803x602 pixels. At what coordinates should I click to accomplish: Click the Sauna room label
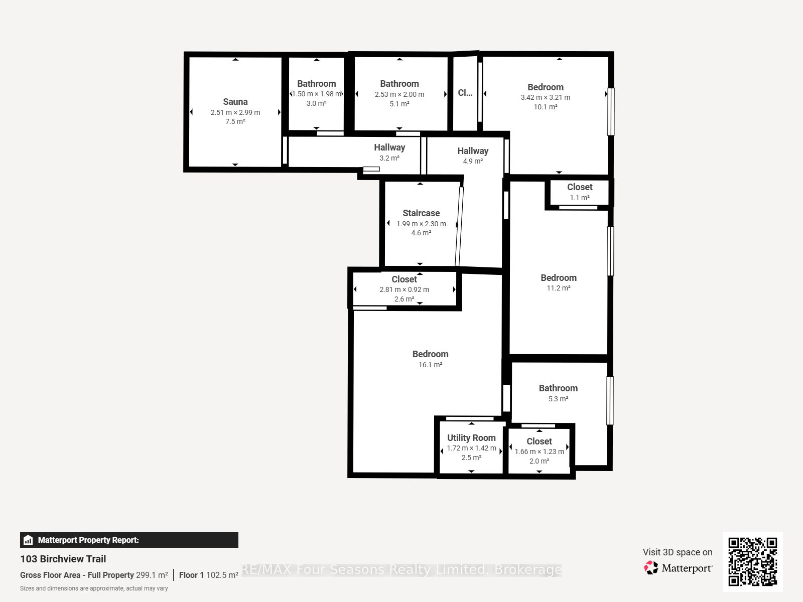(x=235, y=102)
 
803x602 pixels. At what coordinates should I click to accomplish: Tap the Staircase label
(x=421, y=213)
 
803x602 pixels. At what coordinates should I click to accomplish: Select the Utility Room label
(x=471, y=437)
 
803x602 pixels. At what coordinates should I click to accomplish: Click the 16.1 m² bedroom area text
(x=430, y=364)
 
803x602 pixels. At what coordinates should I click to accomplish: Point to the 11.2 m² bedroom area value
(x=559, y=288)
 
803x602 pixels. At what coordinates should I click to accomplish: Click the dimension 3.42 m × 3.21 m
(x=546, y=97)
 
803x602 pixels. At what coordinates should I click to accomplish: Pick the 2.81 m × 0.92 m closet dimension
(x=404, y=289)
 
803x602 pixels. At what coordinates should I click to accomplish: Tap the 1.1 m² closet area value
(x=580, y=198)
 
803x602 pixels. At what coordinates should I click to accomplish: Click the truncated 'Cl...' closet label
(x=465, y=92)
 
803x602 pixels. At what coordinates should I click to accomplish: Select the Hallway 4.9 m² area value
(x=473, y=161)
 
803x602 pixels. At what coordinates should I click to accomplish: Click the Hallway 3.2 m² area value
(x=389, y=158)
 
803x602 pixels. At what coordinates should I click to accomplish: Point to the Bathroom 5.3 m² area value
(x=558, y=399)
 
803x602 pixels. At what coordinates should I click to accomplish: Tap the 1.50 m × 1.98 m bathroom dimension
(x=317, y=94)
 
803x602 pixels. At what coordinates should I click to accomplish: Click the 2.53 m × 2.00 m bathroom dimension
(x=399, y=94)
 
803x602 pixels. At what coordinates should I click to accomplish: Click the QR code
(x=752, y=562)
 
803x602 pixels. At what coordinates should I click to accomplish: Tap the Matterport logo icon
(x=651, y=568)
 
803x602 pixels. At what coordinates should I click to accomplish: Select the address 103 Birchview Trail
(x=63, y=559)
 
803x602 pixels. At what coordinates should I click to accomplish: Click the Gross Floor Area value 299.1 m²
(x=152, y=575)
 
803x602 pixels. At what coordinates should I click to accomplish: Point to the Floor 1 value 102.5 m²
(x=222, y=575)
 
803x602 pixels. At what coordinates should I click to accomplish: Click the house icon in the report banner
(x=28, y=540)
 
